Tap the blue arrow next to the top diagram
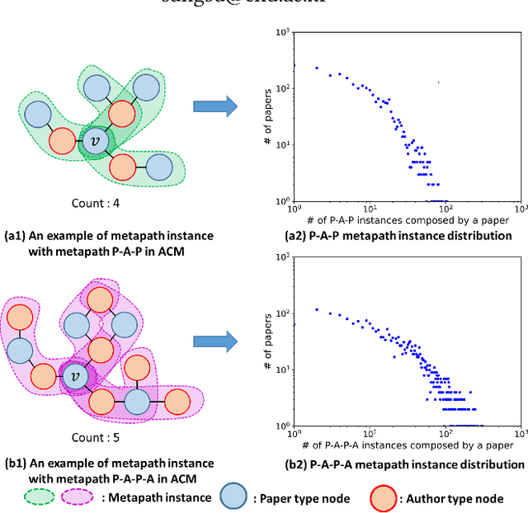214,105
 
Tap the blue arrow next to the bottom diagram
214,341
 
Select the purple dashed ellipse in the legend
75,498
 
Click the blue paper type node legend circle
236,497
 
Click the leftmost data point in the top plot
316,68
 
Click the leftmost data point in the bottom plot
316,310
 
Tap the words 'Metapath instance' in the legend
156,498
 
